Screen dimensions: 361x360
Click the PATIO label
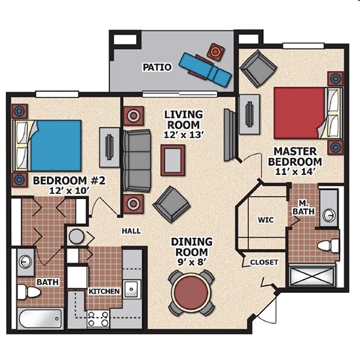point(156,67)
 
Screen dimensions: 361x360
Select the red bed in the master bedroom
point(300,113)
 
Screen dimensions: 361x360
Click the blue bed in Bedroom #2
point(55,144)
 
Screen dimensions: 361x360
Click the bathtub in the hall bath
point(39,319)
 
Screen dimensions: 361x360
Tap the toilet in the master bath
point(327,246)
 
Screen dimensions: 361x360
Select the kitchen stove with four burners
point(98,319)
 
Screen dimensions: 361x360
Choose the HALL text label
point(132,231)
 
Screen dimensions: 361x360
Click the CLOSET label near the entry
point(264,262)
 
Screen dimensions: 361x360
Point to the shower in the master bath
point(315,276)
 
